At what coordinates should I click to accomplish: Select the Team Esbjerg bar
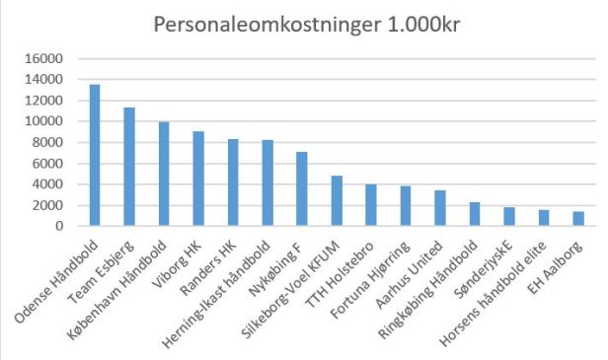point(129,167)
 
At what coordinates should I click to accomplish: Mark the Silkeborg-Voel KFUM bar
point(337,201)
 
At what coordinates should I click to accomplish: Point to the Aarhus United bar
point(440,208)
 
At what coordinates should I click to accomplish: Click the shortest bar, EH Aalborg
point(578,219)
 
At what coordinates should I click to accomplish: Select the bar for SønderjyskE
point(509,217)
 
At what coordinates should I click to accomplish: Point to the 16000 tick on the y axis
point(49,59)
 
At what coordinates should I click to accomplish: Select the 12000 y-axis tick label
point(49,102)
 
